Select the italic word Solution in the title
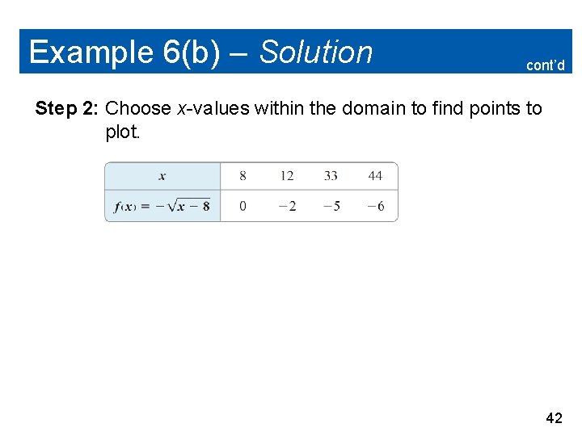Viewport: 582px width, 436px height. (x=316, y=52)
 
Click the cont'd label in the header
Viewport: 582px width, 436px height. (x=545, y=65)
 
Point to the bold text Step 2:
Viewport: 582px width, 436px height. (x=68, y=108)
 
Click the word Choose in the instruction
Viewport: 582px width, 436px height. (x=138, y=108)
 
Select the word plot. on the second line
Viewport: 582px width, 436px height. (x=123, y=132)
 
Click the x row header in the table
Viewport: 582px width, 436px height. (x=162, y=176)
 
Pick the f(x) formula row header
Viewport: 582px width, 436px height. (x=162, y=206)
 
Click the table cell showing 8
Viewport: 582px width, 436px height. (x=242, y=176)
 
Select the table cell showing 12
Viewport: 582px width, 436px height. (x=286, y=176)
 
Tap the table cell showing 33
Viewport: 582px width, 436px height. (x=331, y=176)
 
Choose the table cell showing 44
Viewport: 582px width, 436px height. (x=375, y=176)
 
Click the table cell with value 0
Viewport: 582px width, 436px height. (x=242, y=206)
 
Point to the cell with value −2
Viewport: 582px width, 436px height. (x=286, y=206)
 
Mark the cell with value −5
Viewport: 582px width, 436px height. (x=331, y=206)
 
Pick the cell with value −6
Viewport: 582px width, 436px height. (x=375, y=206)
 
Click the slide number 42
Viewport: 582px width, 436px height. (x=554, y=417)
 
